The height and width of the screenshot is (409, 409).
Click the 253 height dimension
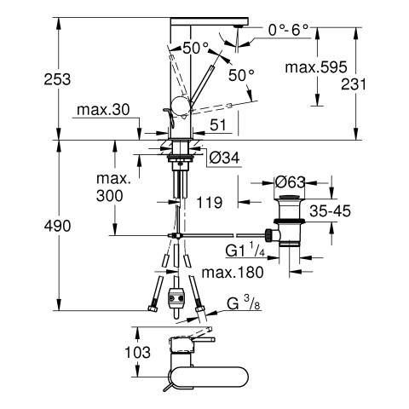[x=57, y=79]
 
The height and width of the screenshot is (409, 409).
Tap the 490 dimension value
[x=57, y=226]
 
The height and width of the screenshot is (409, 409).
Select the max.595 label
[x=316, y=67]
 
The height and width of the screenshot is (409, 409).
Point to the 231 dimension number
[x=354, y=84]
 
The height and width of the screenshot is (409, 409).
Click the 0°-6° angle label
[x=288, y=30]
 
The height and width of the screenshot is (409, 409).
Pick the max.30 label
[x=103, y=110]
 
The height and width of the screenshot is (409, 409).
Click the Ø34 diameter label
[x=224, y=158]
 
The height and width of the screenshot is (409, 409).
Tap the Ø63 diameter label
[x=290, y=182]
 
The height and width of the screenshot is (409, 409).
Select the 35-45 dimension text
[x=330, y=210]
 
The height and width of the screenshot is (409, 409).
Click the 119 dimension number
[x=210, y=203]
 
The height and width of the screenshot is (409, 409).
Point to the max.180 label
[x=233, y=273]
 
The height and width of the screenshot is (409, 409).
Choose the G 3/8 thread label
[x=244, y=303]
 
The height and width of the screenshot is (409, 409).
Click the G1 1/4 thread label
[x=245, y=250]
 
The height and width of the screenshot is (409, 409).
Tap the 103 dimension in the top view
[x=138, y=352]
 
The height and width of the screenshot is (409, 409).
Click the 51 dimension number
[x=218, y=125]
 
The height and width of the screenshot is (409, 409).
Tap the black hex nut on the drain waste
[x=268, y=235]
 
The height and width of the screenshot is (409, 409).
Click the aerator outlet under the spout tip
[x=238, y=26]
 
